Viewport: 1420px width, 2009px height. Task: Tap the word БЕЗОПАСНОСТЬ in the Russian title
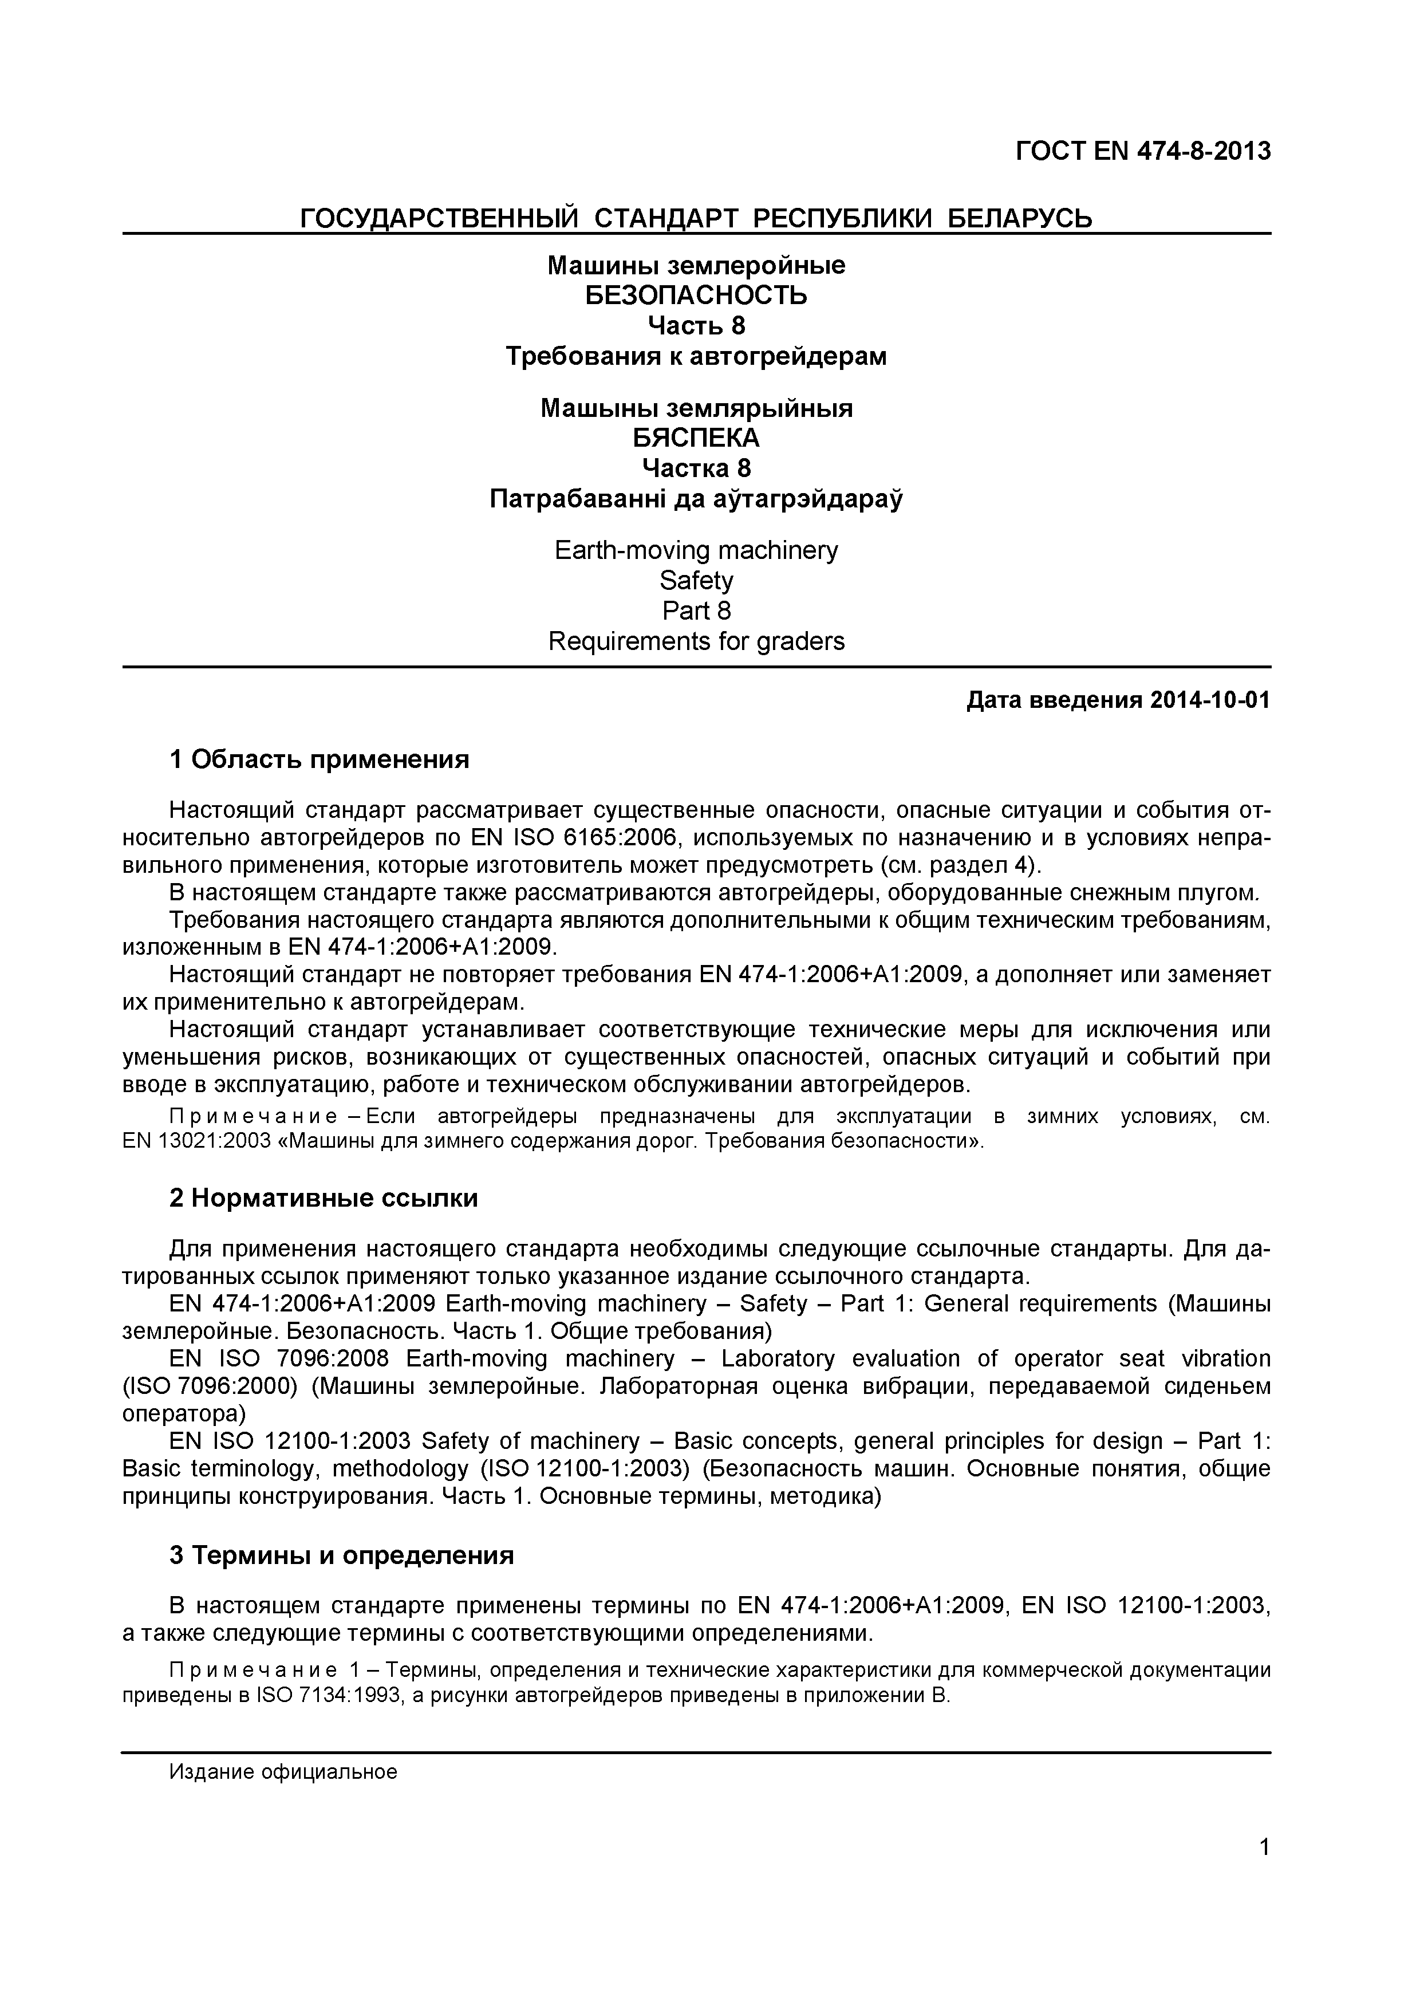(x=696, y=295)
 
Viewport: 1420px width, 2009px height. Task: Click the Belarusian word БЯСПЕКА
(x=696, y=438)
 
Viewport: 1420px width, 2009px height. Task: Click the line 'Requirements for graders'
(x=696, y=641)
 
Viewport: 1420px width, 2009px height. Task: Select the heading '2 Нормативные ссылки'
(x=323, y=1198)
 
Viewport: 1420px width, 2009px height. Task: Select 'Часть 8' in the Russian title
(x=696, y=325)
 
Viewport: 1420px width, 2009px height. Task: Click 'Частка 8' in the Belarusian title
(x=696, y=468)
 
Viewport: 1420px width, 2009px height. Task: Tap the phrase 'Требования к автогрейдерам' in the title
(x=696, y=356)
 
